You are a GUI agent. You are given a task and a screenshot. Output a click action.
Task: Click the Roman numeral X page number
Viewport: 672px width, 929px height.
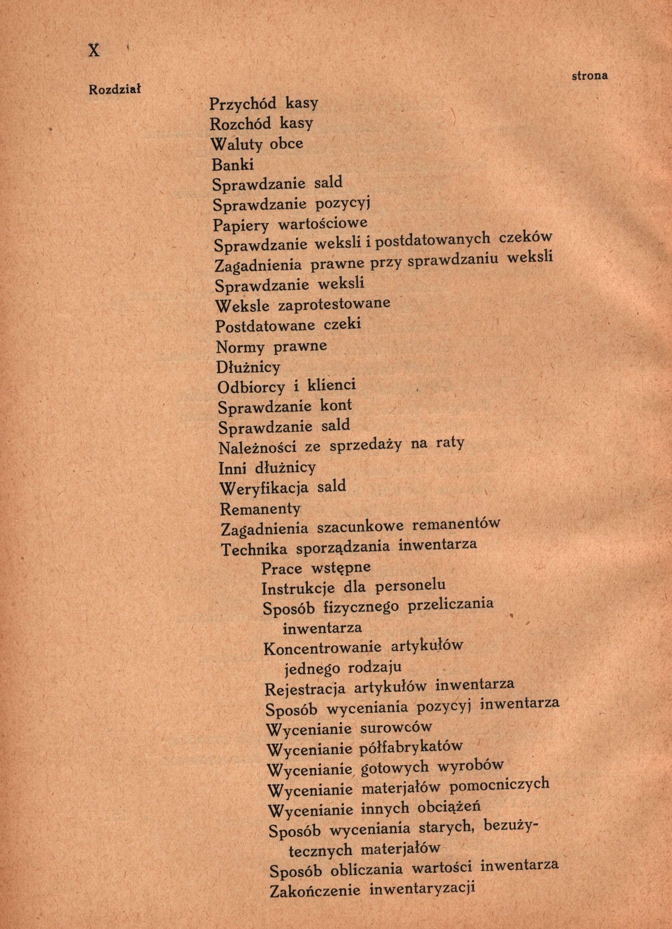click(94, 51)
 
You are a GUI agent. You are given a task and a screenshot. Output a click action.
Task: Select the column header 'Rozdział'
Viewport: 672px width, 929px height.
click(115, 90)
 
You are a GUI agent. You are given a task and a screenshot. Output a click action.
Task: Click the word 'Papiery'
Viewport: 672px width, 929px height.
click(241, 225)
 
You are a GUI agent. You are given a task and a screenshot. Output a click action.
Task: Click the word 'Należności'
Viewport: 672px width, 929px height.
click(258, 447)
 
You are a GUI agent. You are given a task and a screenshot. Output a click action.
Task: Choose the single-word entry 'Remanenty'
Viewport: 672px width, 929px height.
click(260, 509)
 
